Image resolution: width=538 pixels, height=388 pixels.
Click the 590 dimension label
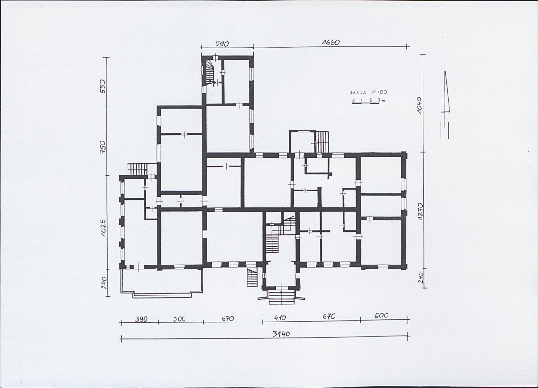pos(222,44)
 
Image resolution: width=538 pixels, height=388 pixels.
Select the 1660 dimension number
pos(331,43)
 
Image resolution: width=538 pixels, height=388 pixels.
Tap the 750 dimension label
pos(103,147)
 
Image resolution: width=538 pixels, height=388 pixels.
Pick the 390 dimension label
pos(141,319)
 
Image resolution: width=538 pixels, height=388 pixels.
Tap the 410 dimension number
pos(280,318)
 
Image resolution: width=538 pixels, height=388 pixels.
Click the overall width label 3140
pos(281,334)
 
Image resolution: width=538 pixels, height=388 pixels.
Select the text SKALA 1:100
pos(368,92)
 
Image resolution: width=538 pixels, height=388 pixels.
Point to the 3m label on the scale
pos(382,100)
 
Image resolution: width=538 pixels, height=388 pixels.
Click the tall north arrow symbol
pos(445,104)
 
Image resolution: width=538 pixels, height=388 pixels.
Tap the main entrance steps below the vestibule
pos(282,297)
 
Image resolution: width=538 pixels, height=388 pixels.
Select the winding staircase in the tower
pos(210,72)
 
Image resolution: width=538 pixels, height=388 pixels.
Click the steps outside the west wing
pos(137,169)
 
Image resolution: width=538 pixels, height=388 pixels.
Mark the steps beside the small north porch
pos(322,142)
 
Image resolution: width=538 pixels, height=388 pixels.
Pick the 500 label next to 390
pos(179,319)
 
